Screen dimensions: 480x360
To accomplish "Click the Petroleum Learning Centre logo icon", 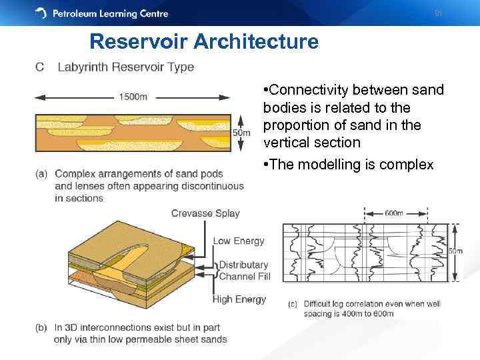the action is (41, 13).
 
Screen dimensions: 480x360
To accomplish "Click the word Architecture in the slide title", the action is (256, 42).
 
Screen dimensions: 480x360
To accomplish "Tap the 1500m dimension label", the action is (133, 97).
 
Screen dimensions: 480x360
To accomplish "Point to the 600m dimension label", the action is (394, 213).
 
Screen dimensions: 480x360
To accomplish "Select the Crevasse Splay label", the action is (205, 213).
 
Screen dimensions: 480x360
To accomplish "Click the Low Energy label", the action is (239, 241).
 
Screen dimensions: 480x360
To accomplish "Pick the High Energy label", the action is (239, 299).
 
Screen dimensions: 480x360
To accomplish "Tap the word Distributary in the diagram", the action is (243, 265).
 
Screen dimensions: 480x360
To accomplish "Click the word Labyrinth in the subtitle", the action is (84, 67).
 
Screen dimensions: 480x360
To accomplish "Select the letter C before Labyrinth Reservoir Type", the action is (40, 67).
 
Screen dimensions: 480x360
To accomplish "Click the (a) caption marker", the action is (41, 175).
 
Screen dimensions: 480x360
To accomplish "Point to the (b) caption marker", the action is (41, 327).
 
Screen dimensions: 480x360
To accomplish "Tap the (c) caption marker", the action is (292, 304).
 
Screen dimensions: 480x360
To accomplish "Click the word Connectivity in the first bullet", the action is (307, 90).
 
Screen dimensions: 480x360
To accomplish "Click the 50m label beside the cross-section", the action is (241, 133).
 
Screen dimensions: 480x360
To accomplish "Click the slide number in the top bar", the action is (438, 13).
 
